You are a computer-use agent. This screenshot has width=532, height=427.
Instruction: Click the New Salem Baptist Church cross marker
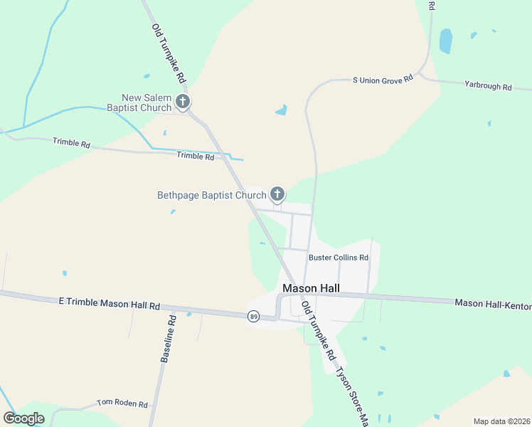coord(183,102)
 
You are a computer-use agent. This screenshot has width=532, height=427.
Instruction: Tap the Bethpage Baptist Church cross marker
coord(277,194)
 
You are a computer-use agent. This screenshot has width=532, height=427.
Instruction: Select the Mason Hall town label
coord(311,288)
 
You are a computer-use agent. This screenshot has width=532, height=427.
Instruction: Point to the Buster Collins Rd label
coord(338,258)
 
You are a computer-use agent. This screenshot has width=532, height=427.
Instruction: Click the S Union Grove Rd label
coord(383,80)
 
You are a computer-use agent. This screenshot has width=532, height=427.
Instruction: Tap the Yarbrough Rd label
coord(488,87)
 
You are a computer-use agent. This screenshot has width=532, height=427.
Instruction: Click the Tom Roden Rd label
coord(122,404)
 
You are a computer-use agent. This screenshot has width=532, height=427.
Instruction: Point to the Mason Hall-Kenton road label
coord(493,305)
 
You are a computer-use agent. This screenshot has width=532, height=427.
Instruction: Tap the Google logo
coord(23,418)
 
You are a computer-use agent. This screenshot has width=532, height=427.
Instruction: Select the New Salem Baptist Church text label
coord(147,102)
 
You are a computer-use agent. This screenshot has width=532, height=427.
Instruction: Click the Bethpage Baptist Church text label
coord(211,194)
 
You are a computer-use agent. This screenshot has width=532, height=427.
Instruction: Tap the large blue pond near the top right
coord(446,41)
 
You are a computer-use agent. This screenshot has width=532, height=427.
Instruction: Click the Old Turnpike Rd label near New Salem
coord(169,52)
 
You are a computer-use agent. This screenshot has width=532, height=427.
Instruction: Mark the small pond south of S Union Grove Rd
coord(282,110)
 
